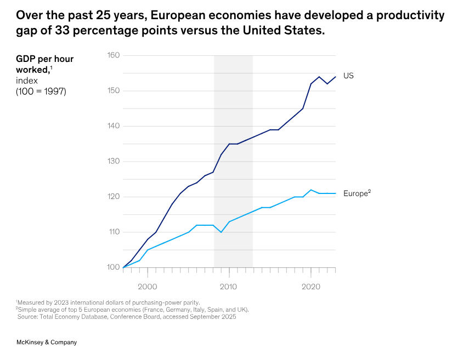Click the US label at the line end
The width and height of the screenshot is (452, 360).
(348, 76)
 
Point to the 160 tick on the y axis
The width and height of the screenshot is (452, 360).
(114, 55)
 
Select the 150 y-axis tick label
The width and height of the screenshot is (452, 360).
(114, 90)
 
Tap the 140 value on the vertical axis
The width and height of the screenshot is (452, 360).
(114, 126)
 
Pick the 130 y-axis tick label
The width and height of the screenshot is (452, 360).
(114, 161)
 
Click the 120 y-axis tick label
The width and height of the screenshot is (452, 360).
(114, 197)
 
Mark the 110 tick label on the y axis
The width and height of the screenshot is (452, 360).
(114, 232)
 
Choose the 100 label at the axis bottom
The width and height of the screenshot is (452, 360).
(114, 267)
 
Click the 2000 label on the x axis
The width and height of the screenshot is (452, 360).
(147, 287)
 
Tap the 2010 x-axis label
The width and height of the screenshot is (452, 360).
(229, 287)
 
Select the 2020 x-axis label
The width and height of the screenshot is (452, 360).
(311, 287)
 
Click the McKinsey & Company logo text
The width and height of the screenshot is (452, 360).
(47, 342)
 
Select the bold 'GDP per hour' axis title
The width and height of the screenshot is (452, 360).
(44, 59)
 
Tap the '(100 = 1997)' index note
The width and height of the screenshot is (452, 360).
(41, 92)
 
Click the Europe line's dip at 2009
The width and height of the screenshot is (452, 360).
(221, 232)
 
